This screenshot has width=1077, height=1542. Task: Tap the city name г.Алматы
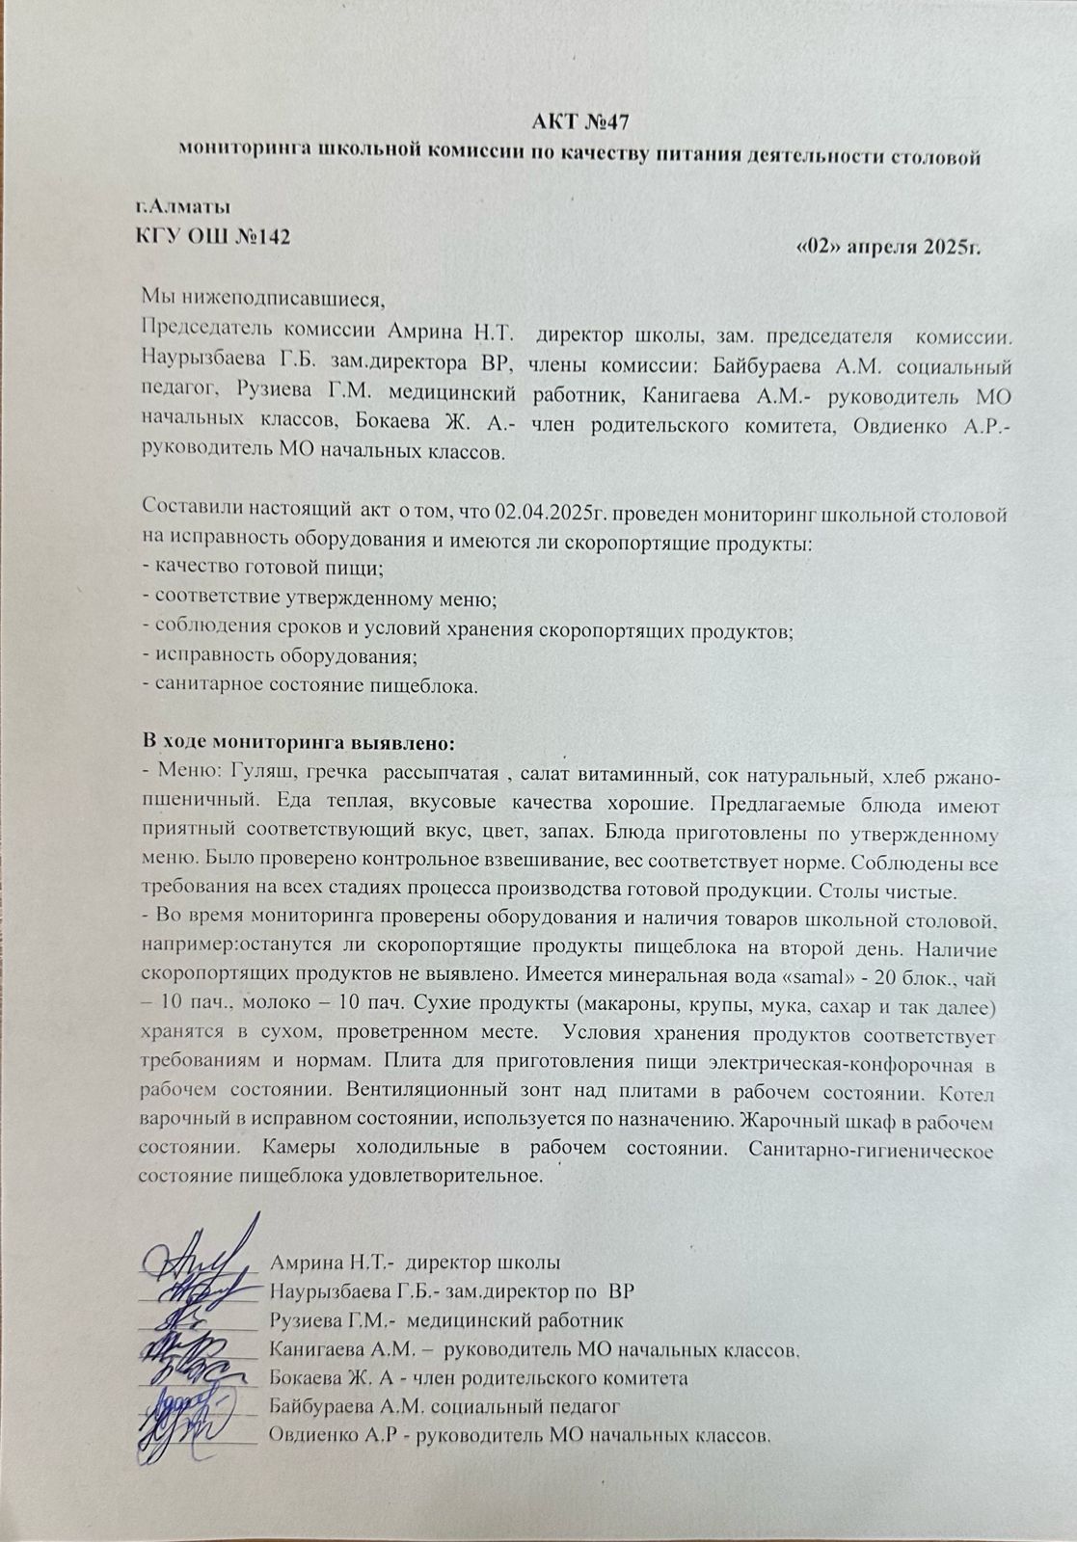point(182,205)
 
